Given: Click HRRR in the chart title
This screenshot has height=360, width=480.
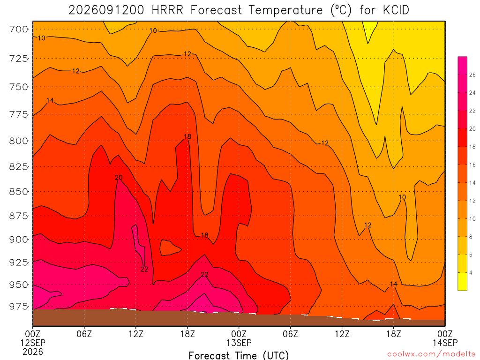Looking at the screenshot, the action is click(167, 10).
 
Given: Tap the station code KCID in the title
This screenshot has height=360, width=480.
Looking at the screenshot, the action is click(396, 10).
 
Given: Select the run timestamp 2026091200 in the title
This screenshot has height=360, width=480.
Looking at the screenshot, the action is click(106, 10).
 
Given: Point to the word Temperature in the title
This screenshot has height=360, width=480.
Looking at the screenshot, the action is click(285, 10).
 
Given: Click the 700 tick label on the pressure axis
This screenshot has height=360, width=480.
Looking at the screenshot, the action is click(19, 30).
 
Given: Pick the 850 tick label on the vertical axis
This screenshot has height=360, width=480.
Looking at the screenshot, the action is click(19, 192).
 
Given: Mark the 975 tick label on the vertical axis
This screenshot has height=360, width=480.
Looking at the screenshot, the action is click(19, 307).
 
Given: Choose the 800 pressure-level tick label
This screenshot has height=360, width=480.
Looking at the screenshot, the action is click(19, 141).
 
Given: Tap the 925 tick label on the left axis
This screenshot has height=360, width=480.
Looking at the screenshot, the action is click(19, 262).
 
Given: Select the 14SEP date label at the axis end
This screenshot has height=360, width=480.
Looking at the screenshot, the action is click(445, 343).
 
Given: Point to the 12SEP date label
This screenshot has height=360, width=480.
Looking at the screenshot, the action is click(33, 343).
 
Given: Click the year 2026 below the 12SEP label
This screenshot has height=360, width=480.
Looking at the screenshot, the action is click(33, 352).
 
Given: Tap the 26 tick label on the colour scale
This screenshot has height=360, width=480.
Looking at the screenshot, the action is click(472, 75).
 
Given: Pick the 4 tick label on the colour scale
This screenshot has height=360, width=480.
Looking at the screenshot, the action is click(471, 273).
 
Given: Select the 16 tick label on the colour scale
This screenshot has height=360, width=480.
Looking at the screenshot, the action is click(472, 165).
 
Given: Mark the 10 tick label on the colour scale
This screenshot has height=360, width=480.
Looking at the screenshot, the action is click(472, 219).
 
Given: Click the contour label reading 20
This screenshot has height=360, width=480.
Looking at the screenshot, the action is click(119, 178).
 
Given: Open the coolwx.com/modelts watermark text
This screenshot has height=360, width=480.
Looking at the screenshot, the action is click(431, 354).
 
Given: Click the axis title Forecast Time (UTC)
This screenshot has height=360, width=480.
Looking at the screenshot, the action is click(239, 355).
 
